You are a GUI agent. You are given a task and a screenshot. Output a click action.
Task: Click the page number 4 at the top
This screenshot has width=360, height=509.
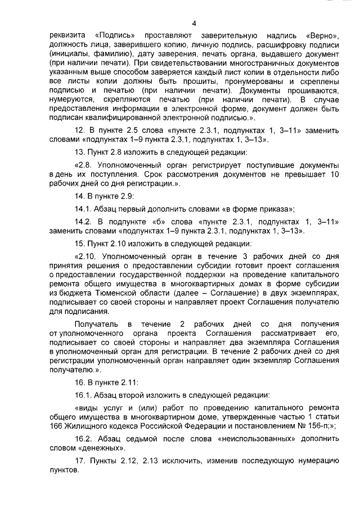tap(193, 23)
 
